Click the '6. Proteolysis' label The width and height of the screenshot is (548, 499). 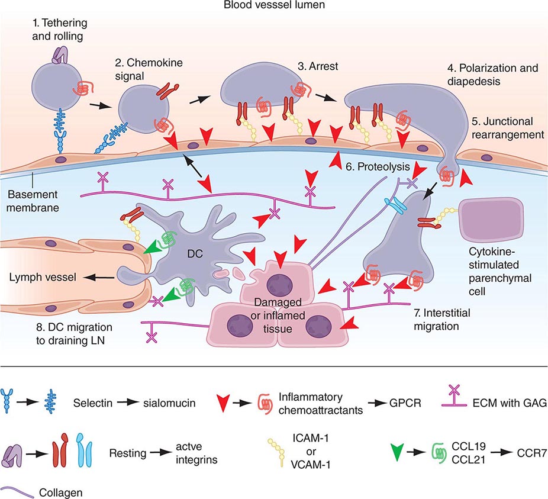tap(376, 167)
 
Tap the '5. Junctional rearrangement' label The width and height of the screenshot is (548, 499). tap(507, 128)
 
